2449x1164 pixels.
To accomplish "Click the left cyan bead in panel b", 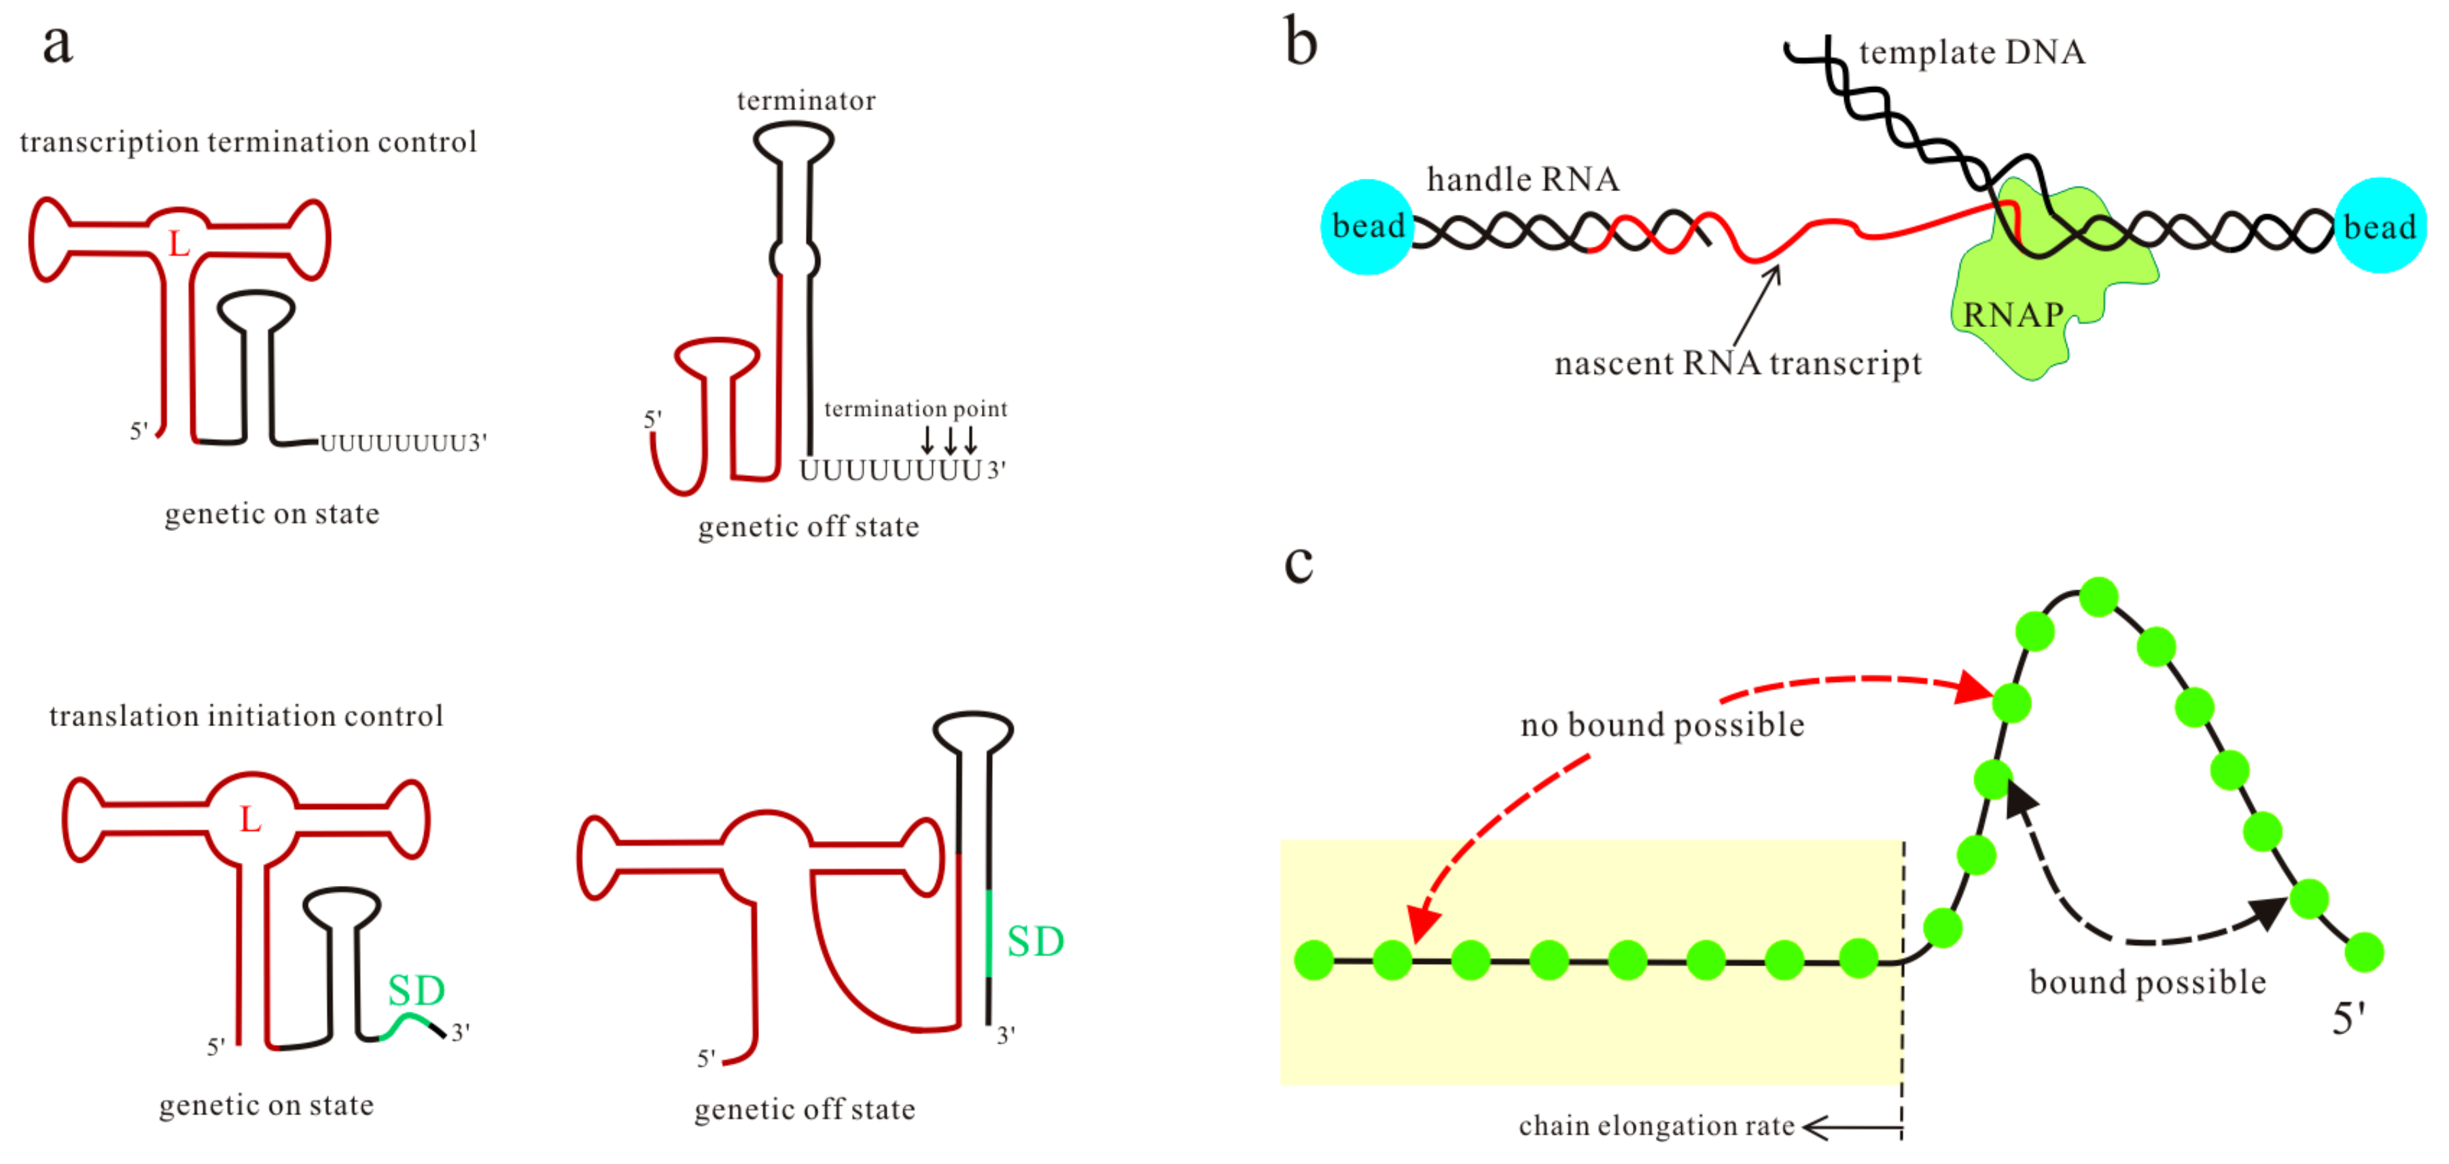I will tap(1367, 226).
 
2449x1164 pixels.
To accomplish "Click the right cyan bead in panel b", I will tap(2380, 226).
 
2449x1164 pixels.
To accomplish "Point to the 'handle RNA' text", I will tap(1522, 179).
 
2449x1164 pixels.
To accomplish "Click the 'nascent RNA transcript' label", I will tap(1737, 363).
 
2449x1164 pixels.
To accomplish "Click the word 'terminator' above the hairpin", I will tap(805, 101).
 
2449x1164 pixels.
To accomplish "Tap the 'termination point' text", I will tap(915, 409).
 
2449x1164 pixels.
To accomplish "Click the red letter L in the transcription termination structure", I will tap(178, 244).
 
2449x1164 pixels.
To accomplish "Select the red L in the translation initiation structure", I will tap(249, 819).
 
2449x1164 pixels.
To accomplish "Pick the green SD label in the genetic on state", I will tap(417, 991).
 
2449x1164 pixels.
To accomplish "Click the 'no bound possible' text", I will tap(1662, 725).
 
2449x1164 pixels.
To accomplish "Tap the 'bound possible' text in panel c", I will tap(2147, 982).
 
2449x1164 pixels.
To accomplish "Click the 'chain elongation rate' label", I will tap(1656, 1126).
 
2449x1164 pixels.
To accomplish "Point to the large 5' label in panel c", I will tap(2348, 1019).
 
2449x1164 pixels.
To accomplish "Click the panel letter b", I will tap(1301, 43).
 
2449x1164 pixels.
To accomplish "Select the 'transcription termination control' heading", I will tap(247, 141).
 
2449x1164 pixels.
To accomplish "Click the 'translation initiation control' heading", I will tap(245, 716).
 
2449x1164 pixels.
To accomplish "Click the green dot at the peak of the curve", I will tap(2098, 596).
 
